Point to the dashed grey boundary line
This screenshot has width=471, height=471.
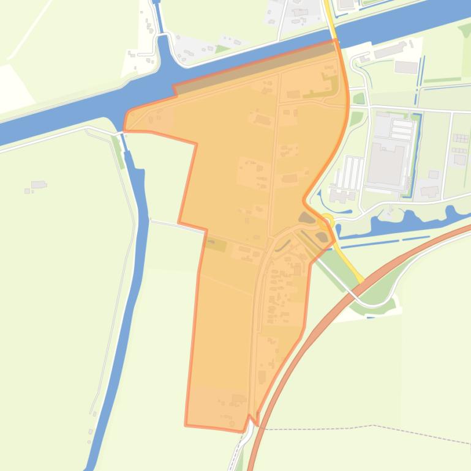(367, 427)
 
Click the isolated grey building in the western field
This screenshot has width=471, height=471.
(39, 184)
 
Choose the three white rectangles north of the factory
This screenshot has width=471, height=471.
(402, 128)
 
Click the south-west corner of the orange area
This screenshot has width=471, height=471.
(186, 423)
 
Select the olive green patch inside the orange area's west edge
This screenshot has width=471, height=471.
(215, 245)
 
